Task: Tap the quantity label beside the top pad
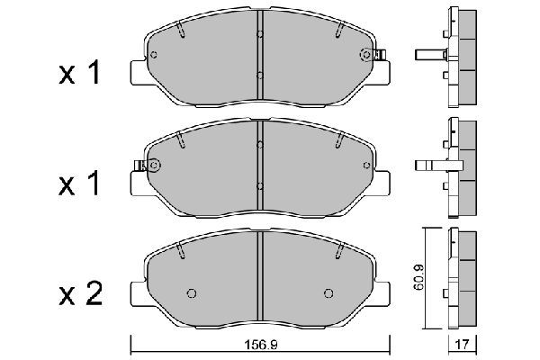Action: pyautogui.click(x=80, y=75)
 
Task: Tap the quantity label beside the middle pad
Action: pyautogui.click(x=80, y=185)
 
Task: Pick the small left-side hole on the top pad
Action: pyautogui.click(x=154, y=55)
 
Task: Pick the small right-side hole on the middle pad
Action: pyautogui.click(x=365, y=166)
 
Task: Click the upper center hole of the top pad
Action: pyautogui.click(x=259, y=35)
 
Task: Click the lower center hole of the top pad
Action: pyautogui.click(x=259, y=76)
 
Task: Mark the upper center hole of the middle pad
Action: pyautogui.click(x=259, y=145)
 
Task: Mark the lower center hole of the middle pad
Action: pyautogui.click(x=259, y=186)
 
